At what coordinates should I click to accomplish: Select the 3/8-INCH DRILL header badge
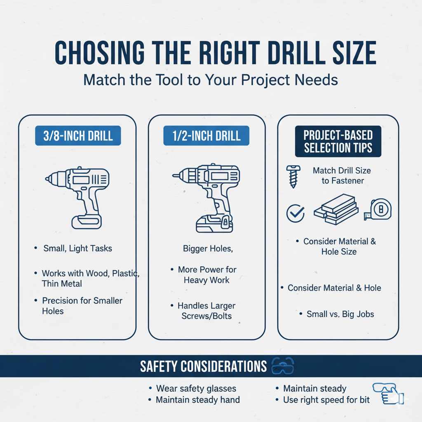point(78,136)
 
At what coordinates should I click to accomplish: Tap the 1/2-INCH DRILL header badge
point(206,136)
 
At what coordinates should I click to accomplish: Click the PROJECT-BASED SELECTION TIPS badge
point(338,141)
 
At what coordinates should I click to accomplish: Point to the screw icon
point(293,176)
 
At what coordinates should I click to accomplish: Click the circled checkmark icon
point(295,213)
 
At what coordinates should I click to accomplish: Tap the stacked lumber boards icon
point(335,211)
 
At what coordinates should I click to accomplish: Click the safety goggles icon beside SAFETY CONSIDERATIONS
point(282,366)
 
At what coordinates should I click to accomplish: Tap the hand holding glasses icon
point(387,394)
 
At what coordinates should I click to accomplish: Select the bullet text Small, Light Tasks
point(77,249)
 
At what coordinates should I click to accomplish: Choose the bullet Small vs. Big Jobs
point(340,314)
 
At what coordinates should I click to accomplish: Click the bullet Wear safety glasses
point(196,388)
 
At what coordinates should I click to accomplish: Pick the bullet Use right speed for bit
point(326,400)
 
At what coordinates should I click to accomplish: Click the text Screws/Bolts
point(206,316)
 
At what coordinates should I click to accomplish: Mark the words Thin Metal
point(62,284)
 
